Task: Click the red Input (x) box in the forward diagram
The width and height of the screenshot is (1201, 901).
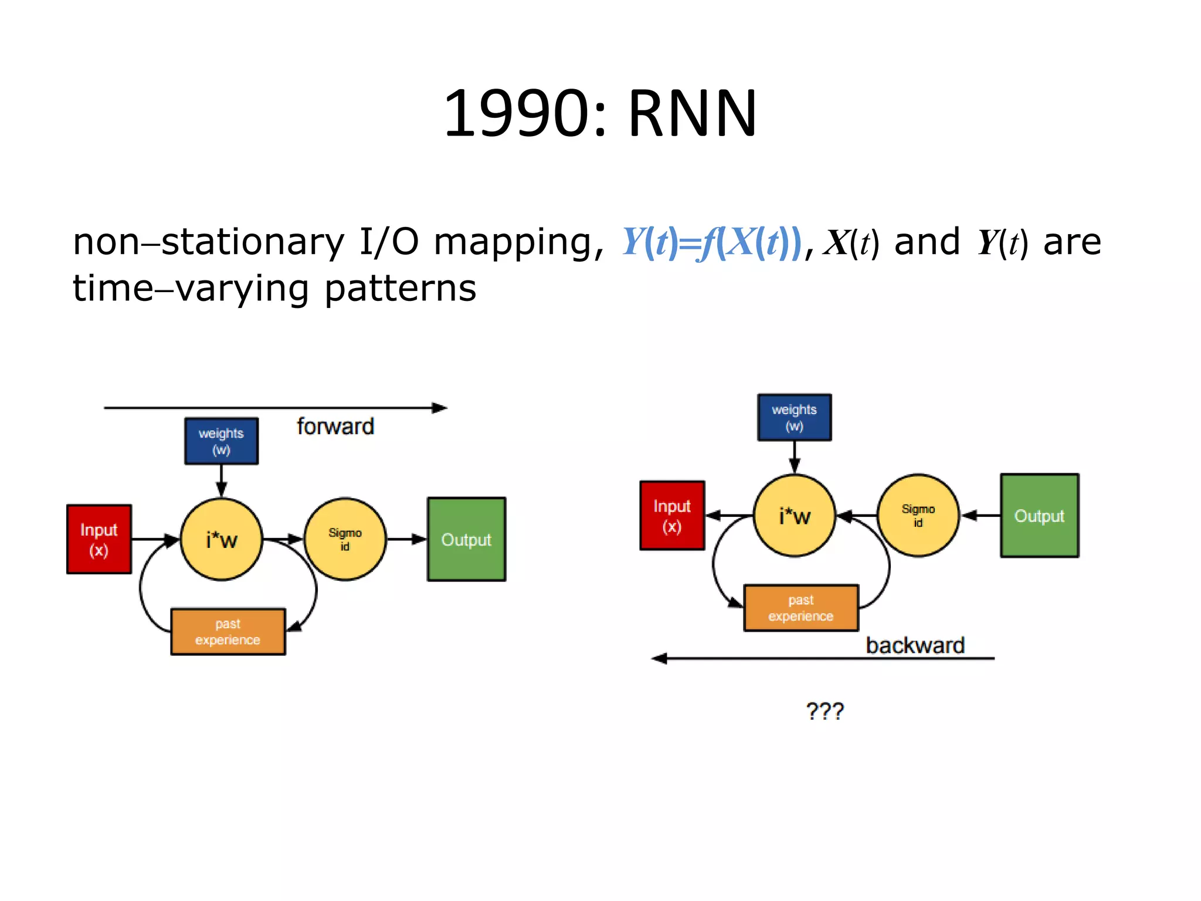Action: click(99, 539)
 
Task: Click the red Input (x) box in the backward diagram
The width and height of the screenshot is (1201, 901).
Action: click(672, 516)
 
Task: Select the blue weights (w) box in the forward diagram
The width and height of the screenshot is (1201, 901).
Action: click(221, 441)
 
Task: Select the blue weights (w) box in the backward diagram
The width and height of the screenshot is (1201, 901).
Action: click(794, 417)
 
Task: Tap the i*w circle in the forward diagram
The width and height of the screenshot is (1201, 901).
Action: click(221, 539)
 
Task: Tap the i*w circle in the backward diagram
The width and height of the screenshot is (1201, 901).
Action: click(794, 516)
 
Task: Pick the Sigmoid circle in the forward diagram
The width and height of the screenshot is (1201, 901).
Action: click(345, 539)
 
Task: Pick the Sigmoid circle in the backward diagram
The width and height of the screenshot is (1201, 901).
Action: click(918, 516)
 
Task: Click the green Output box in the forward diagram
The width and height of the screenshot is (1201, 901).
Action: click(466, 539)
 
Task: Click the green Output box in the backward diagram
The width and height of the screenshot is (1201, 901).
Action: click(1039, 516)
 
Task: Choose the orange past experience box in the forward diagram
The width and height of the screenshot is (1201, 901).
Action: click(228, 631)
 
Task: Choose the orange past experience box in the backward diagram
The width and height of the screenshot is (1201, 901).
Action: click(800, 608)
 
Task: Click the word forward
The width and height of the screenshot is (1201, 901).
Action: click(335, 426)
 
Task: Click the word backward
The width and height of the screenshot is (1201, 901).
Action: click(915, 645)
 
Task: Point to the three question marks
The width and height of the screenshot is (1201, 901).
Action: click(825, 711)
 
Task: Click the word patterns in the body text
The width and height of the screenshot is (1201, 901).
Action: click(400, 289)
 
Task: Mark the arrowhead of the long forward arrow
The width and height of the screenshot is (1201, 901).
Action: click(440, 408)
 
